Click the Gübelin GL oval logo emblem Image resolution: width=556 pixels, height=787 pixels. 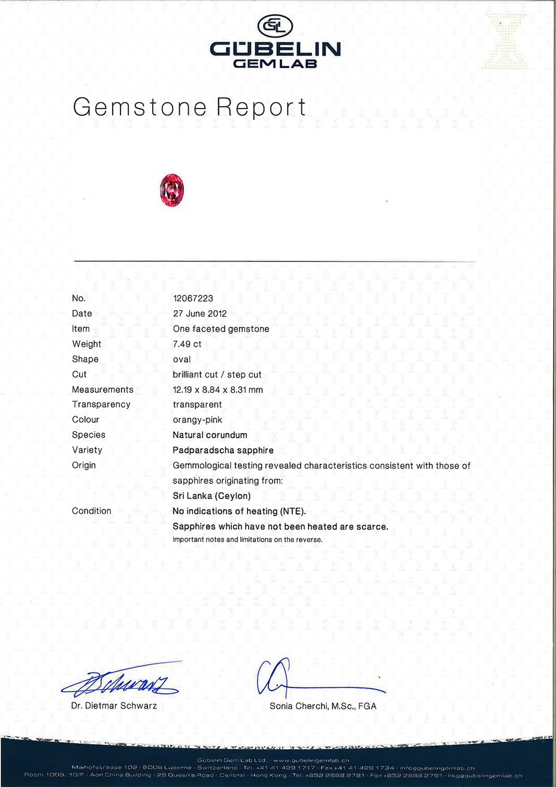[x=275, y=26]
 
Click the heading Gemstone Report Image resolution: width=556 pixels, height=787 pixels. [x=189, y=107]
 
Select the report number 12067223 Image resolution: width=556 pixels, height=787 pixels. [x=193, y=298]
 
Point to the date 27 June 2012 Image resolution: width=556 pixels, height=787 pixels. [x=200, y=313]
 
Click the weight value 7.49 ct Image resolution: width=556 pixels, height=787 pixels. [x=187, y=344]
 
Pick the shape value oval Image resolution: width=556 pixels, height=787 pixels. [x=182, y=359]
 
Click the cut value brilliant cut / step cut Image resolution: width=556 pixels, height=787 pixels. [x=217, y=374]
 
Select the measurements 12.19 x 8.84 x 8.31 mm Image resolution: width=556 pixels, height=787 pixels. [x=217, y=389]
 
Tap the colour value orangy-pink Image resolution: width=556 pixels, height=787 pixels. [x=197, y=420]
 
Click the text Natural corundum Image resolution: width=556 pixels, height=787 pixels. [x=210, y=435]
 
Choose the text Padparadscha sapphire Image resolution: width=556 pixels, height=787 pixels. [x=223, y=450]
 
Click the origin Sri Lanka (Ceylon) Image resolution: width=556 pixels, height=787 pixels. [x=211, y=495]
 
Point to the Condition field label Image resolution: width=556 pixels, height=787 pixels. [x=92, y=511]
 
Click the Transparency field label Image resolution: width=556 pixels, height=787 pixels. [x=101, y=404]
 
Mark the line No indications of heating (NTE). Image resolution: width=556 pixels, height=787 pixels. [x=239, y=511]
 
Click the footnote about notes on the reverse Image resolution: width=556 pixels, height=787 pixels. [x=247, y=539]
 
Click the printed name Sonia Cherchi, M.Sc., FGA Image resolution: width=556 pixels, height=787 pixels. [x=323, y=706]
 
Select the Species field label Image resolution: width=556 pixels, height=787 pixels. [x=89, y=435]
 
